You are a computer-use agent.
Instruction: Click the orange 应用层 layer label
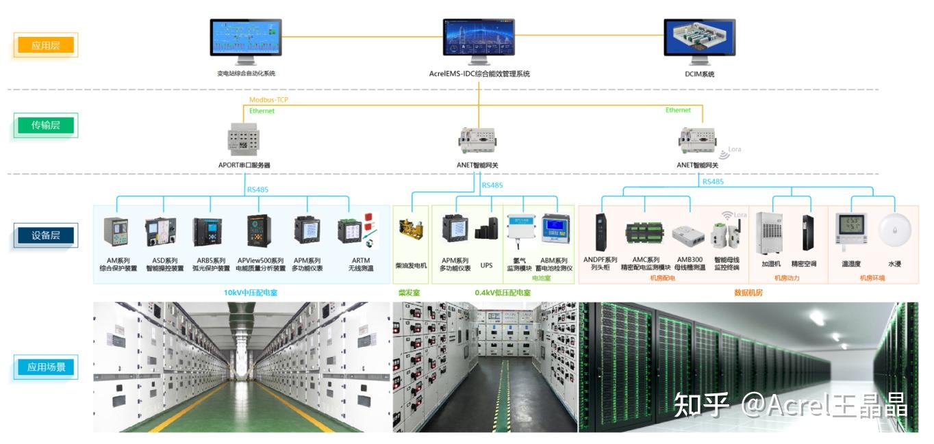[46, 46]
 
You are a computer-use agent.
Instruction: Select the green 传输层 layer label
[46, 125]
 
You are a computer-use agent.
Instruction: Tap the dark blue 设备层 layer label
[46, 235]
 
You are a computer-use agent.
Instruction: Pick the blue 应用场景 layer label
[46, 367]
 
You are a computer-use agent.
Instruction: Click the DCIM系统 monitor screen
[700, 38]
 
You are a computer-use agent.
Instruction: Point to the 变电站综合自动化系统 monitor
[245, 39]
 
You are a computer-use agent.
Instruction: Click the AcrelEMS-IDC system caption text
[479, 74]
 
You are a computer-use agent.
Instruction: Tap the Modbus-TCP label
[269, 100]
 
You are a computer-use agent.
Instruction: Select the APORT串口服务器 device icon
[244, 139]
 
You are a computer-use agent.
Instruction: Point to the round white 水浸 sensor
[894, 231]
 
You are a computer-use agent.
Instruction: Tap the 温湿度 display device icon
[850, 230]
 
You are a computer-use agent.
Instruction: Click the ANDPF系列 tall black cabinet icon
[601, 231]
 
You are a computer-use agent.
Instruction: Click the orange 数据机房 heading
[748, 292]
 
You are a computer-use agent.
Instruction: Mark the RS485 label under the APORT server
[257, 190]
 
